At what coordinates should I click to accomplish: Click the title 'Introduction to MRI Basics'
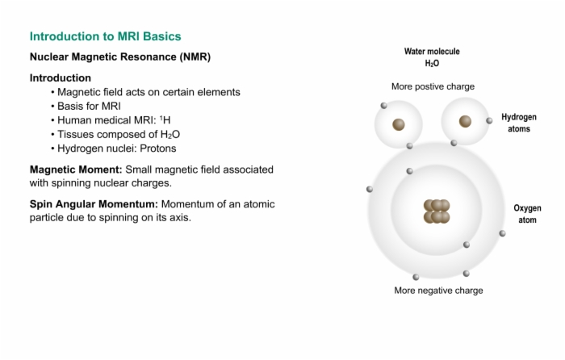click(x=105, y=36)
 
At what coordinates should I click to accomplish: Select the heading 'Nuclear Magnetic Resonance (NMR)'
click(x=120, y=57)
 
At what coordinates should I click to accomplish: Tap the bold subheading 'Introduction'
click(x=61, y=77)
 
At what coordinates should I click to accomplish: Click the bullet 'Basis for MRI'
click(x=89, y=107)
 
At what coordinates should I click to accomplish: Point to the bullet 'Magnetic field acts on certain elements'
click(x=149, y=92)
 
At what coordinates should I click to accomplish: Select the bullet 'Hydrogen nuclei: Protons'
click(x=117, y=149)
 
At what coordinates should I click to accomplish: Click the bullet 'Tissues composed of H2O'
click(x=119, y=135)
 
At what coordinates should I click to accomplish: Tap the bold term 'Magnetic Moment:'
click(x=76, y=170)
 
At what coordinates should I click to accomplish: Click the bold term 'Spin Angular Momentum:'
click(x=94, y=204)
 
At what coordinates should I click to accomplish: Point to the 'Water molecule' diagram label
click(x=432, y=52)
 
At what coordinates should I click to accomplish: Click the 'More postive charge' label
click(x=433, y=86)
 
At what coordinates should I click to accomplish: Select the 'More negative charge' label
click(x=438, y=291)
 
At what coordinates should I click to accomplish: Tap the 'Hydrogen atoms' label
click(x=519, y=123)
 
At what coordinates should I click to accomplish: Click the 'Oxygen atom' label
click(x=527, y=214)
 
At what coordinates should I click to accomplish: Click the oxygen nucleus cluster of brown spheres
click(x=437, y=211)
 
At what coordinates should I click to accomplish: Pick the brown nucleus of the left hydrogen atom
click(x=399, y=124)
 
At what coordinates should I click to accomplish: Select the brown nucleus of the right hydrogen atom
click(x=465, y=121)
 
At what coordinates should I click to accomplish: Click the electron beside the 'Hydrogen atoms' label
click(x=489, y=121)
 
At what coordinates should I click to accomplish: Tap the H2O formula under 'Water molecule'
click(x=432, y=64)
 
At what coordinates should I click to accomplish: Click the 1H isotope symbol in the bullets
click(x=165, y=120)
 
